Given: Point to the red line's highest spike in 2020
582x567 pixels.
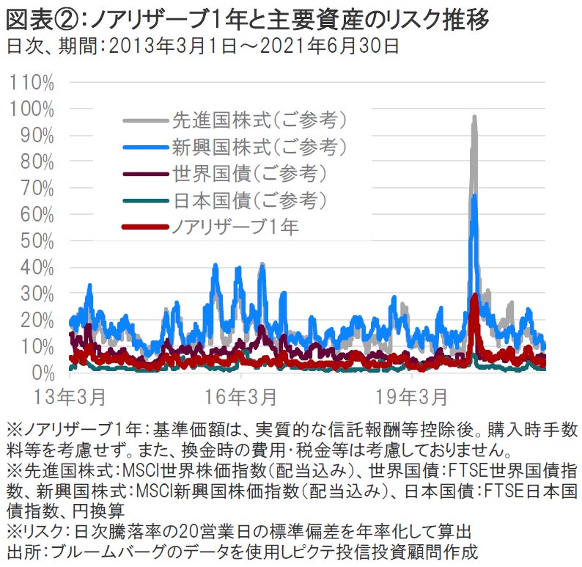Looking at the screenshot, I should point(475,296).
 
